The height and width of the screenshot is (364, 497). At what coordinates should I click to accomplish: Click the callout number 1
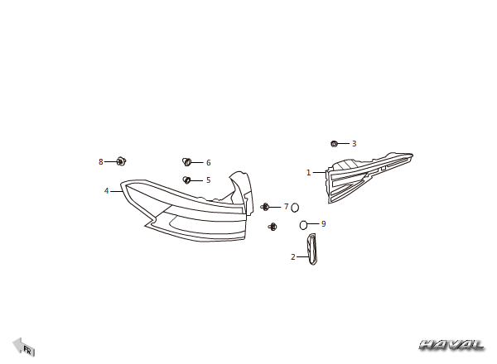tap(308, 173)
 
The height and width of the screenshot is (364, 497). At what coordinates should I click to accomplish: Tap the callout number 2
tap(293, 257)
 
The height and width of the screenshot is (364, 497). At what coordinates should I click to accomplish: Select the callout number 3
tap(354, 144)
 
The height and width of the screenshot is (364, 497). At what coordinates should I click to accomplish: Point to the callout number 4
tap(107, 191)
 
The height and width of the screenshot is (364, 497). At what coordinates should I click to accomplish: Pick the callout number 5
tap(208, 180)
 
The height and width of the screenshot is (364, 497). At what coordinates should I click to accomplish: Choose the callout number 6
tap(208, 163)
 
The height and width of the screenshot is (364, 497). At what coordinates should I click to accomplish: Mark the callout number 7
tap(287, 207)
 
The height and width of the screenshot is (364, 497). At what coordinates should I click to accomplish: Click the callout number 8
tap(101, 162)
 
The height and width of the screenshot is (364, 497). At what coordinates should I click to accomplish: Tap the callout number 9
tap(323, 224)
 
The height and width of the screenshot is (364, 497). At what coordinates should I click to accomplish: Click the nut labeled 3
tap(334, 144)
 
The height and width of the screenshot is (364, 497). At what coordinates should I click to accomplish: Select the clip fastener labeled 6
tap(186, 162)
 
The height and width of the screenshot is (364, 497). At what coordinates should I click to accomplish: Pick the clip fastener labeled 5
tap(186, 180)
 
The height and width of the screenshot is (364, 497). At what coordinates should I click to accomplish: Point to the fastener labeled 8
tap(121, 161)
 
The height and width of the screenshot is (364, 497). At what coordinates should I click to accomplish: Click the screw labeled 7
tap(265, 207)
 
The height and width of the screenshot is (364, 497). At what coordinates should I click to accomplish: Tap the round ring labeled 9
tap(303, 225)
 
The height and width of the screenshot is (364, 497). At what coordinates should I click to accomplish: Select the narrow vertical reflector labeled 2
tap(311, 249)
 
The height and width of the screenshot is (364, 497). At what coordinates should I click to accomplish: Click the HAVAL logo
tap(451, 345)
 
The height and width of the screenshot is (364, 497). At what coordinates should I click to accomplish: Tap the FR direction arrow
tap(23, 347)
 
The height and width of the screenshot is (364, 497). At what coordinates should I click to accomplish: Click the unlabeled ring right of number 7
tap(295, 208)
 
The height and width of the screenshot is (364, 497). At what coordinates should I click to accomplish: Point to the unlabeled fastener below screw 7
tap(273, 227)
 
